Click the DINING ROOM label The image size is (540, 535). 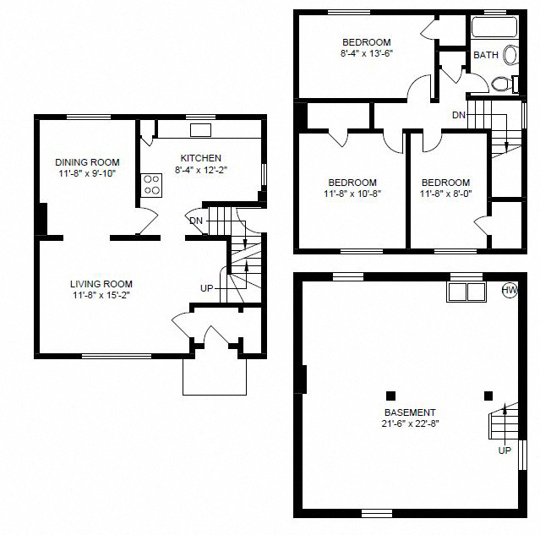87,162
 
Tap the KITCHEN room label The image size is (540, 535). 201,158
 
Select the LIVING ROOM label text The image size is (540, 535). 101,284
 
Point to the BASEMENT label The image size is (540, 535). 410,412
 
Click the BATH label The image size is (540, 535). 485,55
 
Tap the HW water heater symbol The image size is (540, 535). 510,291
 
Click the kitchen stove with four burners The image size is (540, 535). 152,185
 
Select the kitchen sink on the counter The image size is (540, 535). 201,129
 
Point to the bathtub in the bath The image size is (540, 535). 492,27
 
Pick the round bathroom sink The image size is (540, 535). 511,56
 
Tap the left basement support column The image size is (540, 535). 390,395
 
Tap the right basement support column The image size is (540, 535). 488,395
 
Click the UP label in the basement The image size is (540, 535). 505,450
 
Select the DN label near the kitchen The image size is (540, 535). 196,221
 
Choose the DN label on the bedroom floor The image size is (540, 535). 459,115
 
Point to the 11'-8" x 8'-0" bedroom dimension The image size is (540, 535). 445,194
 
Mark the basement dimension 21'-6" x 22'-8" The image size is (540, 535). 410,423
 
